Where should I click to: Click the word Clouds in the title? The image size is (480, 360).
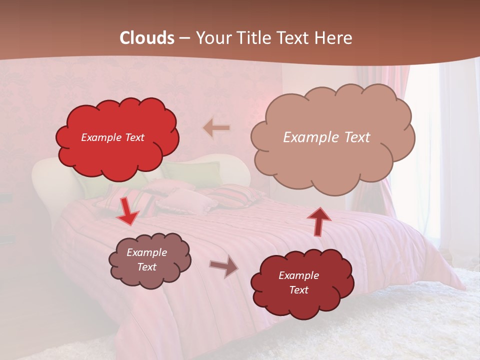147,38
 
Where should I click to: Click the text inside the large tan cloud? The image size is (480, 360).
326,137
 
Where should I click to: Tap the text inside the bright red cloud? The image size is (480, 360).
112,137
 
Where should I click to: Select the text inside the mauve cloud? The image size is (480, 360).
146,259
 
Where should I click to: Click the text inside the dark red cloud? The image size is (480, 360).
298,282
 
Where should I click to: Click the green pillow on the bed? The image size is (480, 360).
195,172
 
